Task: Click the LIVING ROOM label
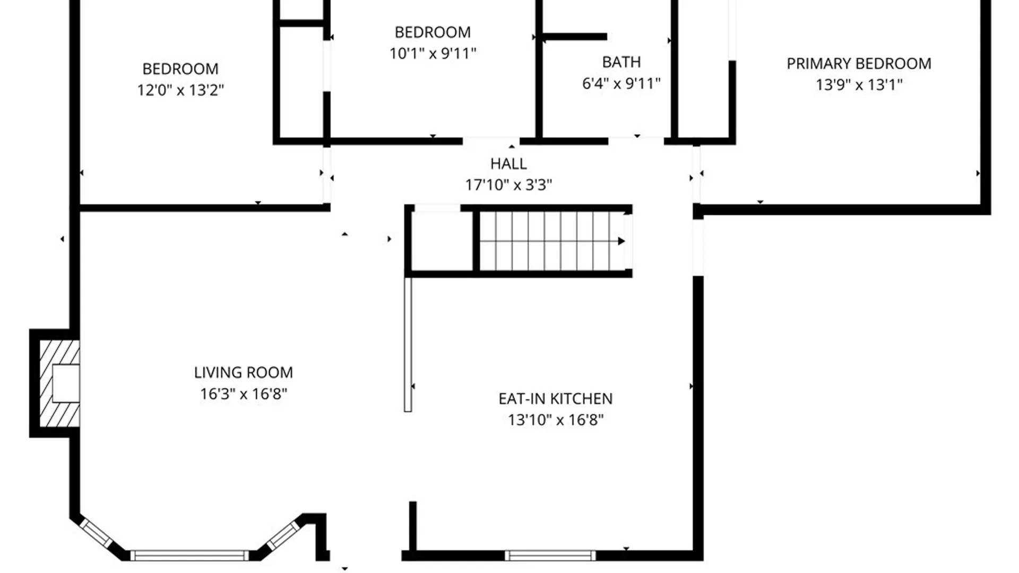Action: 243,372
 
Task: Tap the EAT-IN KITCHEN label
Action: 555,398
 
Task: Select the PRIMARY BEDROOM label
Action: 859,64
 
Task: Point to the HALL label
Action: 508,163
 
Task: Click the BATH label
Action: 621,62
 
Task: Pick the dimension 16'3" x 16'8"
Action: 244,394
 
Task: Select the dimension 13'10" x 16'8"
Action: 556,420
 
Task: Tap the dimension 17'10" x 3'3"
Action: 508,185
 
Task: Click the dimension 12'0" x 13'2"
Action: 180,90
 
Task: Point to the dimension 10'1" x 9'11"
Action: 433,53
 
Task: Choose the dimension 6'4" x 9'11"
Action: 621,83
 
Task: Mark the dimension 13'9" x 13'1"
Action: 859,84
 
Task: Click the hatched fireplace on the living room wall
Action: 59,383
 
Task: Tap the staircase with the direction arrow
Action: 552,241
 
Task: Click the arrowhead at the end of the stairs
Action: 621,241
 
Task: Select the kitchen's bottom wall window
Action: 550,555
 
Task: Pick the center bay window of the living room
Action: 189,555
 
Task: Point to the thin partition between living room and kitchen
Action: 408,344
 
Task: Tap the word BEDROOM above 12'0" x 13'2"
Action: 180,69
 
